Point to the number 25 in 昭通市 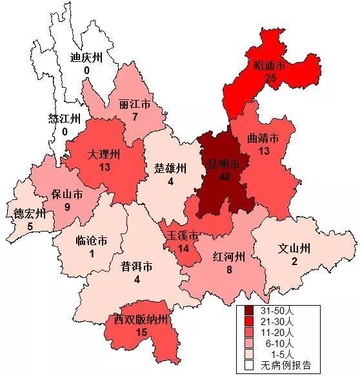click(x=270, y=78)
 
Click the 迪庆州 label click(x=86, y=56)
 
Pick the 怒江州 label click(x=65, y=119)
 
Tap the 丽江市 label click(x=135, y=104)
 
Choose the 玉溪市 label click(x=183, y=235)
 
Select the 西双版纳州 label click(x=141, y=320)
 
